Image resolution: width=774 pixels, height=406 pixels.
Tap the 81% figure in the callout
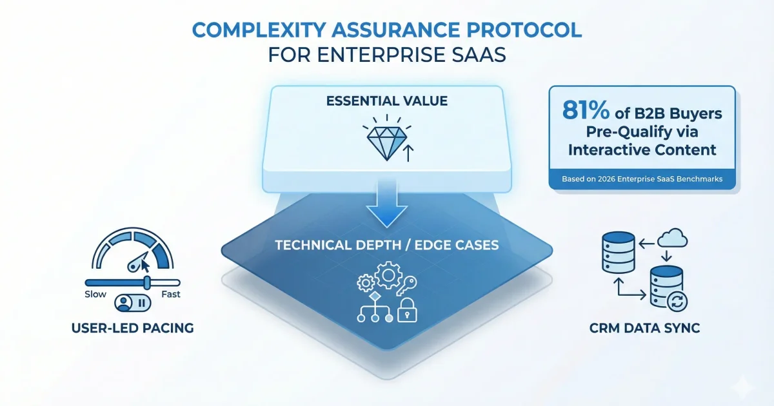tap(586, 111)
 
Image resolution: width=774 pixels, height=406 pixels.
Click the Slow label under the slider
tap(96, 295)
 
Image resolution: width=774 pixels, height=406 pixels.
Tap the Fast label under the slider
tap(171, 295)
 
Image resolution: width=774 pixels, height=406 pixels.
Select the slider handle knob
tap(147, 282)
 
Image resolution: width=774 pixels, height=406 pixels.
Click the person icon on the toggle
tap(123, 304)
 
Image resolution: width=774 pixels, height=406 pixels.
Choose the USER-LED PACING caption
tap(134, 329)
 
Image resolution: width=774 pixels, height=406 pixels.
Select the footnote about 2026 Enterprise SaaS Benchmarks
tap(642, 178)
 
